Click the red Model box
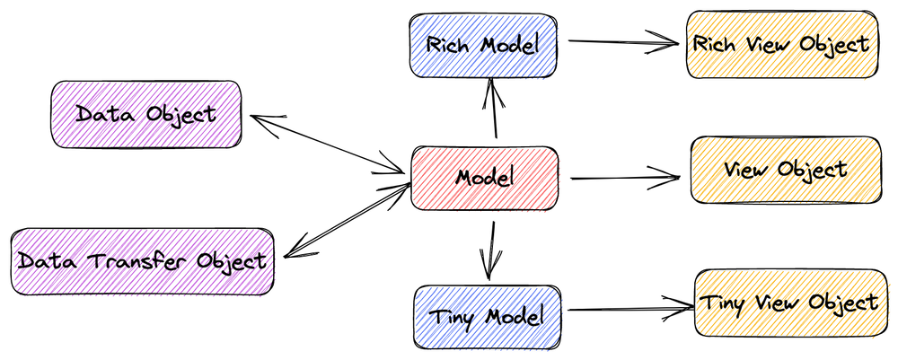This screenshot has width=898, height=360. coord(484,178)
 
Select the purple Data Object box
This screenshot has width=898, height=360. coord(146,115)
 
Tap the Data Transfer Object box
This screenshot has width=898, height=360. coord(142,261)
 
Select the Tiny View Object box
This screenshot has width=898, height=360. coord(788,303)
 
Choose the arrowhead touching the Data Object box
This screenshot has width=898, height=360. coord(256,120)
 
